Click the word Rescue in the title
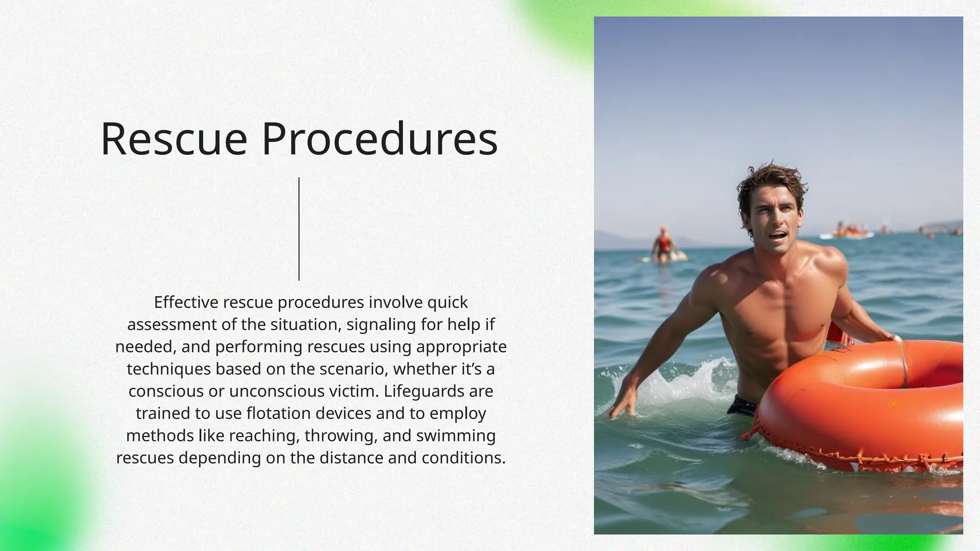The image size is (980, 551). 174,139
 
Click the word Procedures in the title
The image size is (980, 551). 379,139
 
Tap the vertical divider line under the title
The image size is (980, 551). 299,229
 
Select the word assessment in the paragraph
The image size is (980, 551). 165,325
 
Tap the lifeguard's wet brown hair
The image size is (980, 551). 770,184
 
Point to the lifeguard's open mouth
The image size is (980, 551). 777,236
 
